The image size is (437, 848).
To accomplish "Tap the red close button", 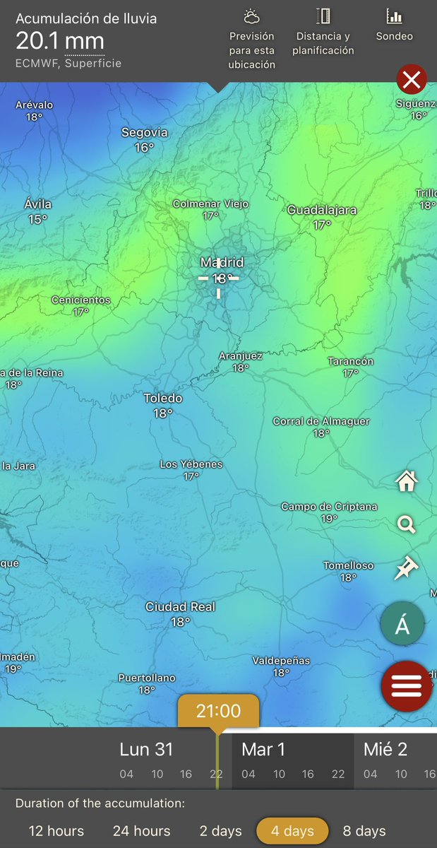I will point(412,79).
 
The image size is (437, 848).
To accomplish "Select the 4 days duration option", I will point(292,830).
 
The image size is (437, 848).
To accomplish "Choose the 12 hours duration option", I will point(56,830).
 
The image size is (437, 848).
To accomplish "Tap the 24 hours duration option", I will point(141,830).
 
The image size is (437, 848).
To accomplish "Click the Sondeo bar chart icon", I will point(395,17).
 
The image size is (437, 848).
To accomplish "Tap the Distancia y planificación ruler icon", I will point(323,17).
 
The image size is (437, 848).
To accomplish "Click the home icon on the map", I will point(407,482).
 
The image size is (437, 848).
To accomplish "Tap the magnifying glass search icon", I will point(407,524).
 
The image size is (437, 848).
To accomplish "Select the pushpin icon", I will point(407,567).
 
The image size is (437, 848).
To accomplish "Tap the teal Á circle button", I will point(402,625).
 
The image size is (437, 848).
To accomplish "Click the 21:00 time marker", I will point(218,711).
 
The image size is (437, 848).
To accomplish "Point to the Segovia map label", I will point(145,132).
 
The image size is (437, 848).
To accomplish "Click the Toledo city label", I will point(163,399).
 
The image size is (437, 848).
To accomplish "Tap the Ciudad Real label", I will point(180,607).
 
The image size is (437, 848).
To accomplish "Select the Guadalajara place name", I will point(322,210).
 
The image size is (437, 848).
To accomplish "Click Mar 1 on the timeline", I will point(263,750).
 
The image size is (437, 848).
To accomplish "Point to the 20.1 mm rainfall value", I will point(60,41).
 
